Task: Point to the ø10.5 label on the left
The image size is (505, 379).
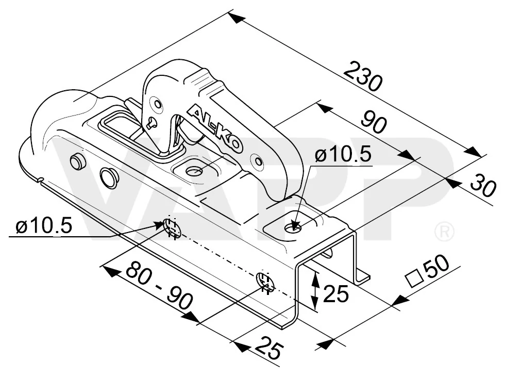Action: pos(44,225)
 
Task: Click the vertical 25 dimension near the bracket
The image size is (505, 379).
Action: pos(335,293)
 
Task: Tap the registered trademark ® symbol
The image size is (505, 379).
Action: pos(444,231)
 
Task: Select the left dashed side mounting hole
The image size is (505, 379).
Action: pos(171,227)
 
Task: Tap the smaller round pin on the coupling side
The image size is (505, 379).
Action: pos(78,161)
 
